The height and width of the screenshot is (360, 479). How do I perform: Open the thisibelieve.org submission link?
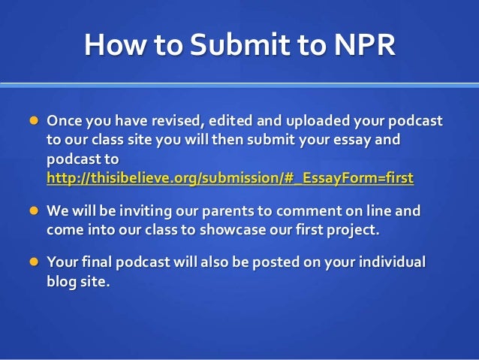230,179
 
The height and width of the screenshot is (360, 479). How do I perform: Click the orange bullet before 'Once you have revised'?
34,121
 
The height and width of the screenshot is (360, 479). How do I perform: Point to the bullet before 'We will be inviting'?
34,212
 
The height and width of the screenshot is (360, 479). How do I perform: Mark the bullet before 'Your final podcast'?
34,262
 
